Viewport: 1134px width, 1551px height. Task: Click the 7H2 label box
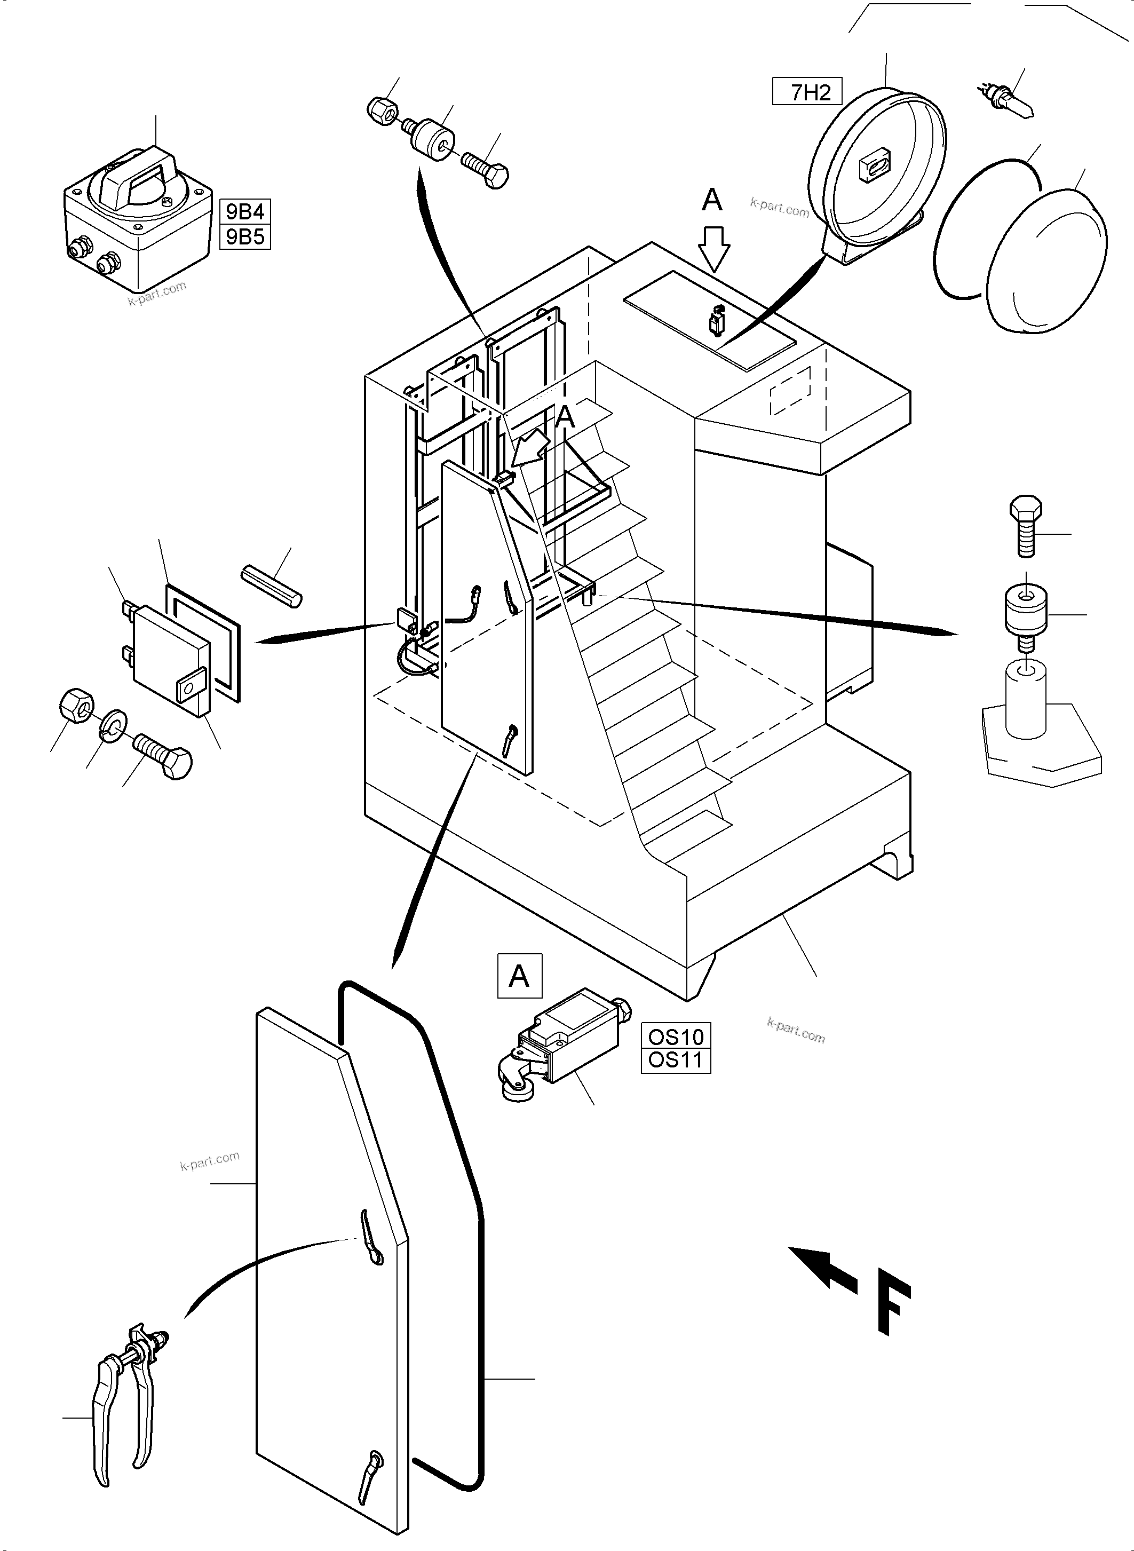(x=807, y=92)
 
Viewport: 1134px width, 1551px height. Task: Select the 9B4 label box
(x=245, y=211)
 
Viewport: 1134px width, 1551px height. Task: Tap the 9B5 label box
(x=245, y=237)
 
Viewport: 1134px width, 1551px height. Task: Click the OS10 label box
(x=676, y=1036)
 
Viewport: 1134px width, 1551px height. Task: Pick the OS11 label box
(x=676, y=1060)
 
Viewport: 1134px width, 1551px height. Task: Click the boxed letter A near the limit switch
(x=519, y=976)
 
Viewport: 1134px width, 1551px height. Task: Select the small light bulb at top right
(x=1009, y=100)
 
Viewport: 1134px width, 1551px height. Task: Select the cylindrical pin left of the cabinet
(x=271, y=585)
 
